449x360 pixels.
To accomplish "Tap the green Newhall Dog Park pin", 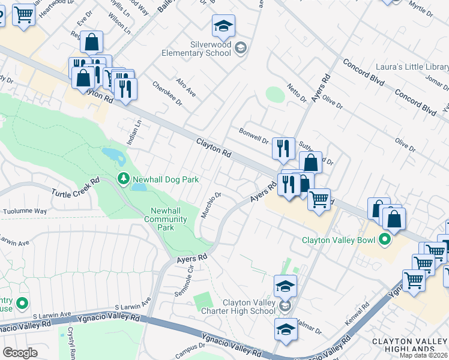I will [122, 179].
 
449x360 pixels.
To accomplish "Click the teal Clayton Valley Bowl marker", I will [385, 241].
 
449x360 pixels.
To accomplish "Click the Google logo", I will [20, 353].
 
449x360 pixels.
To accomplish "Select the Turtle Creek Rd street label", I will [75, 188].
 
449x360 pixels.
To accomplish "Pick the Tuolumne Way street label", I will [25, 211].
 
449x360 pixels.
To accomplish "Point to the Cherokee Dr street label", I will [166, 94].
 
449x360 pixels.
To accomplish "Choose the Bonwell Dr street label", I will [253, 136].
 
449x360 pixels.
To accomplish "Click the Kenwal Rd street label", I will [357, 310].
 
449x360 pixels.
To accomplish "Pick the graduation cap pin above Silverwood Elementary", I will [223, 26].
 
